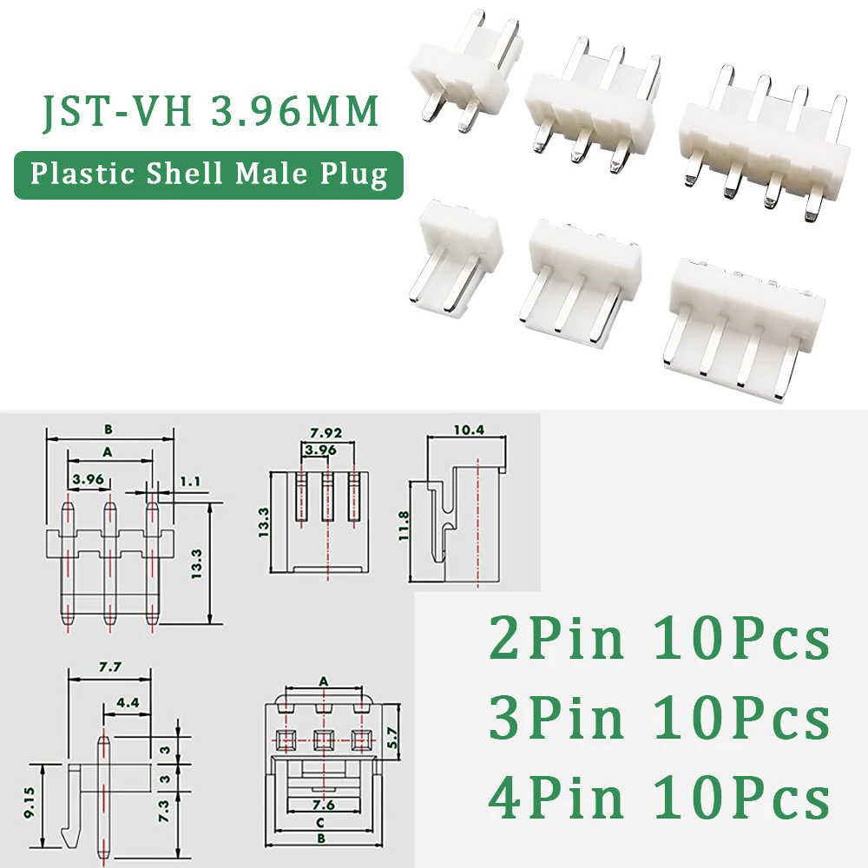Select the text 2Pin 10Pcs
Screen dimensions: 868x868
coord(660,641)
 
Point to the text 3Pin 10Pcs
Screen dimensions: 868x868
coord(660,720)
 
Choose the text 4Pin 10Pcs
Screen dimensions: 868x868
coord(660,800)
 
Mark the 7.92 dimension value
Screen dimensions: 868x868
coord(327,431)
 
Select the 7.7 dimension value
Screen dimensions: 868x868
coord(109,667)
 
